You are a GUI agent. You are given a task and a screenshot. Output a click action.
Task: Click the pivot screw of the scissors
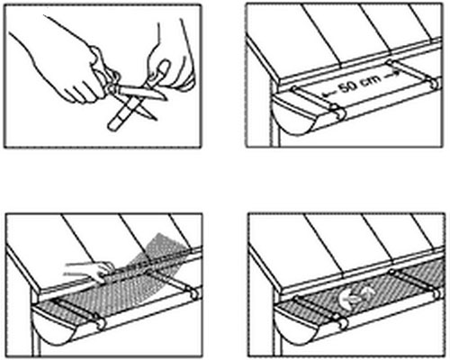(112, 87)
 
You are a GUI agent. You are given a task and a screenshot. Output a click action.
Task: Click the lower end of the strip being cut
(113, 125)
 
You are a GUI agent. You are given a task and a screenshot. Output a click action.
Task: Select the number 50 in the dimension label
(348, 86)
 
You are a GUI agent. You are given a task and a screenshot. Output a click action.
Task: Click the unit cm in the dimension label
(372, 80)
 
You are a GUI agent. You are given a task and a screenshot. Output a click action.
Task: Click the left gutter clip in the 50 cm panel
(319, 102)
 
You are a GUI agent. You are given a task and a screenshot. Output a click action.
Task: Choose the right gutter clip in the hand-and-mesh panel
(174, 283)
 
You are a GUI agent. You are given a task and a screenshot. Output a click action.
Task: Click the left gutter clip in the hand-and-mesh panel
(80, 313)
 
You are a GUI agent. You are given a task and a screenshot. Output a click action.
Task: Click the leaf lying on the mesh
(356, 295)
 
